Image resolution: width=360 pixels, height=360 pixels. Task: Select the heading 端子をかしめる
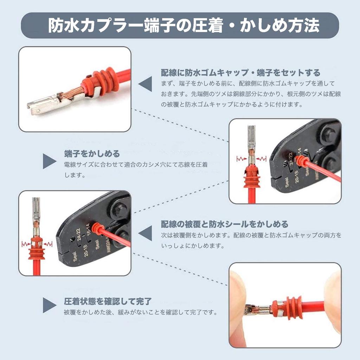click(92, 154)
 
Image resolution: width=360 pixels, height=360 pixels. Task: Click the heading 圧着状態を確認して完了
click(108, 301)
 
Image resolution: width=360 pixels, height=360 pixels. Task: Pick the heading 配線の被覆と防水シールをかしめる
click(224, 224)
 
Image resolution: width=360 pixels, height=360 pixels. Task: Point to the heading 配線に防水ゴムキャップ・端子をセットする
click(240, 73)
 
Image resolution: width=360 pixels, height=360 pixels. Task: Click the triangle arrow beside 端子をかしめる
click(49, 161)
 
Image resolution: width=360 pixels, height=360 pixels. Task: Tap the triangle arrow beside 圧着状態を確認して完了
click(49, 305)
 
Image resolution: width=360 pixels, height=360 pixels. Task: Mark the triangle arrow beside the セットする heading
click(145, 85)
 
